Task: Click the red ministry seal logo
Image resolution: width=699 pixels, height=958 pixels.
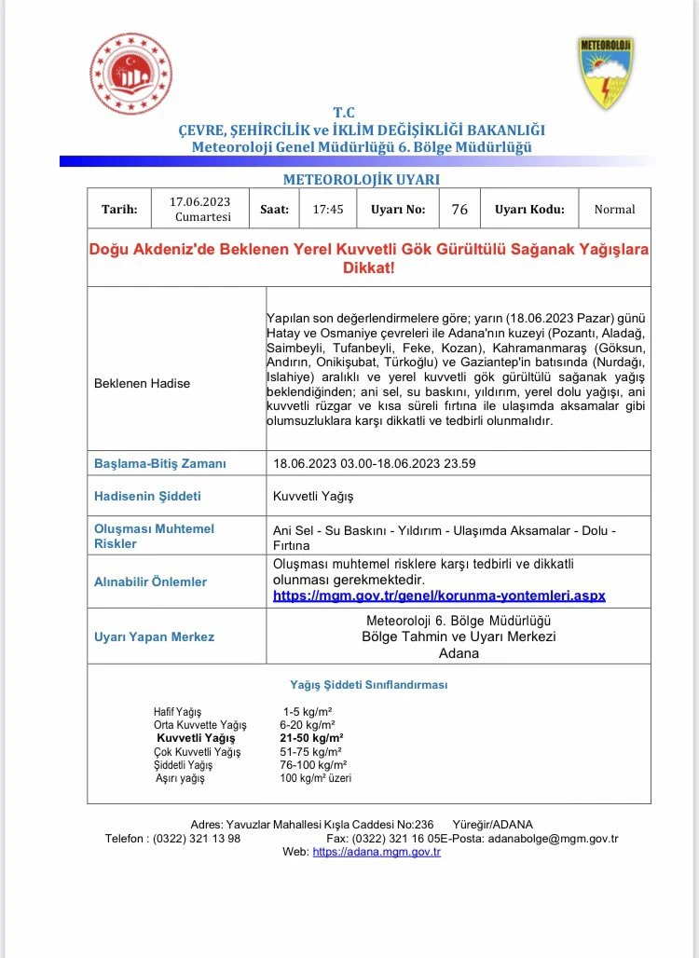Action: (x=130, y=74)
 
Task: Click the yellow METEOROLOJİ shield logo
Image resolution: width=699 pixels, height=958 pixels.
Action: (x=607, y=74)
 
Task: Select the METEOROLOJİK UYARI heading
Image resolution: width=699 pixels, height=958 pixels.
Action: (x=361, y=179)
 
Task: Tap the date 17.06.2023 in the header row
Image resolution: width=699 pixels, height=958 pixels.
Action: (x=199, y=201)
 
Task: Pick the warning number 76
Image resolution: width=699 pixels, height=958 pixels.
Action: (x=459, y=210)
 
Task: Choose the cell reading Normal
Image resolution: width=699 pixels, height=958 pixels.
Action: (x=614, y=210)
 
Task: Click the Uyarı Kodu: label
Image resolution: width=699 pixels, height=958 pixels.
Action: (x=529, y=210)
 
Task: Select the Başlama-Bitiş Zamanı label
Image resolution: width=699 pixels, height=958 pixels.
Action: (x=160, y=463)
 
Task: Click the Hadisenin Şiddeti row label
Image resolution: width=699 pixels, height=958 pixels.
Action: (x=147, y=496)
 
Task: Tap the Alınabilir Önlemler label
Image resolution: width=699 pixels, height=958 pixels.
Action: (x=150, y=582)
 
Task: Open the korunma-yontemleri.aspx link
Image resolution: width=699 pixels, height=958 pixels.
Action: (x=439, y=595)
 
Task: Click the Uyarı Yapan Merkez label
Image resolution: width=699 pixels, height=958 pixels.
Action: (x=154, y=636)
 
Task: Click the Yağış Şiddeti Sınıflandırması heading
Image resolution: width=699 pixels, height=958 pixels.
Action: (x=369, y=685)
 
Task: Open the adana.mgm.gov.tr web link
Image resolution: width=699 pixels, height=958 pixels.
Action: (x=377, y=852)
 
